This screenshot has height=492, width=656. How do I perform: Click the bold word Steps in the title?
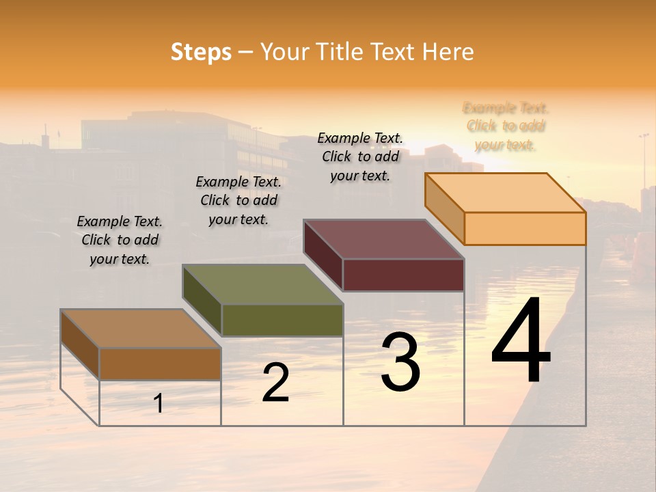[201, 52]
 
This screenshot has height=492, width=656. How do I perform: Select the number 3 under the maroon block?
[400, 362]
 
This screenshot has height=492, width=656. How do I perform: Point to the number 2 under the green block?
[275, 383]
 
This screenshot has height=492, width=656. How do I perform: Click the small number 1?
[159, 403]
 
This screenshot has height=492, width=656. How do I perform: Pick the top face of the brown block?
[140, 329]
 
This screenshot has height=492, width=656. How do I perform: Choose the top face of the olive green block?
[262, 284]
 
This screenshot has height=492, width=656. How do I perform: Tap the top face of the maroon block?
[383, 239]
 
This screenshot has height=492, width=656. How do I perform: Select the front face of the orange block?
[525, 228]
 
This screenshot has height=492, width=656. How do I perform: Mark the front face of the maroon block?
[403, 275]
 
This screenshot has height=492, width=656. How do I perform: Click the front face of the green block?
[282, 320]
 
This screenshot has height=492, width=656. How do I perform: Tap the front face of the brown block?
[160, 364]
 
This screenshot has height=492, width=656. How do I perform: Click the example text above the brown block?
[120, 241]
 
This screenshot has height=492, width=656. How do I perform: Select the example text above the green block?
[238, 200]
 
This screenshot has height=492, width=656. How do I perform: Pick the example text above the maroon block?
[360, 156]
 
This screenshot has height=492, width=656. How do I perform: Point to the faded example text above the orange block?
[506, 126]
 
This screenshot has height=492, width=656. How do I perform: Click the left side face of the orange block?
[444, 208]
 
